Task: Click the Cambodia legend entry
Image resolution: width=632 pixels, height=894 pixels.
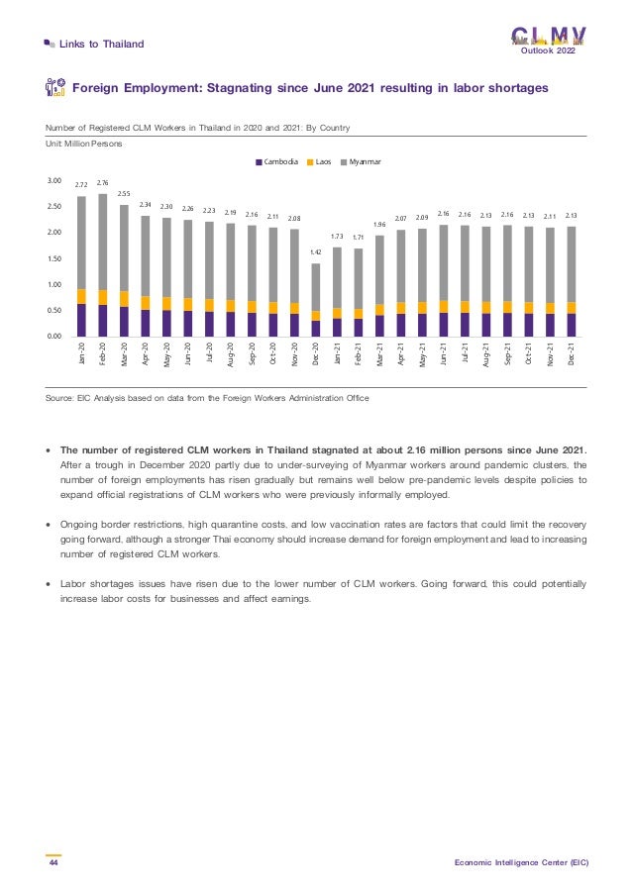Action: [280, 161]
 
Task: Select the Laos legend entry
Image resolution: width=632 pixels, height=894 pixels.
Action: [325, 161]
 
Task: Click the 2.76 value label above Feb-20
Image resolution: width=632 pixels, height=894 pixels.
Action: [102, 183]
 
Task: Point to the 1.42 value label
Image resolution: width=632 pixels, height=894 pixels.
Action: [315, 252]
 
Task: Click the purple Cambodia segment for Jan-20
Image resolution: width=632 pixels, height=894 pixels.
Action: [81, 320]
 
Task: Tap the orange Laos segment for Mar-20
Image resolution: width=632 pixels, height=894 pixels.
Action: [124, 298]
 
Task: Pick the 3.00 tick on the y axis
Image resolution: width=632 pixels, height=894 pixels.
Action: [54, 181]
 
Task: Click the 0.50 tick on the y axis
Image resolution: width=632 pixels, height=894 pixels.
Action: [54, 311]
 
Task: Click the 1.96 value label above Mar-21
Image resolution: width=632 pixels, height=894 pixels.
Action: [379, 225]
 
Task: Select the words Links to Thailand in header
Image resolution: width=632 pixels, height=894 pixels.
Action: [101, 44]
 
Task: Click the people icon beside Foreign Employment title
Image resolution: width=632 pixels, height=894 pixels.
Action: [56, 88]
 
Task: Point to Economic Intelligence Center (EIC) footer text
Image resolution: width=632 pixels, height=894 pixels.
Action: [521, 862]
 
